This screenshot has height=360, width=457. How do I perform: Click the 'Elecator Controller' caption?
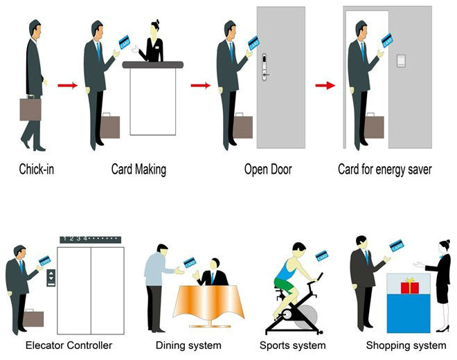pos(69,345)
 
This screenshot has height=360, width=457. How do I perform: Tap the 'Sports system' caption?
pos(293,345)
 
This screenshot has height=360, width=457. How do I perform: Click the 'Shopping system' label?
pos(406,345)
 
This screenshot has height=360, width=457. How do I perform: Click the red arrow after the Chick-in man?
pos(67,86)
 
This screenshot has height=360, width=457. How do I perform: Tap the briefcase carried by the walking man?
pos(30,109)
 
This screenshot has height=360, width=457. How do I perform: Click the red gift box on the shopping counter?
pos(410,285)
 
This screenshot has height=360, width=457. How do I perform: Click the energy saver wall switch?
pos(400,60)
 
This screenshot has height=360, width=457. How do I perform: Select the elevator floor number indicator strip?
pos(90,240)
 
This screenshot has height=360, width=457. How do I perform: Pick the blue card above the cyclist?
pos(321,255)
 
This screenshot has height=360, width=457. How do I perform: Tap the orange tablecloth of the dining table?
pos(208,305)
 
